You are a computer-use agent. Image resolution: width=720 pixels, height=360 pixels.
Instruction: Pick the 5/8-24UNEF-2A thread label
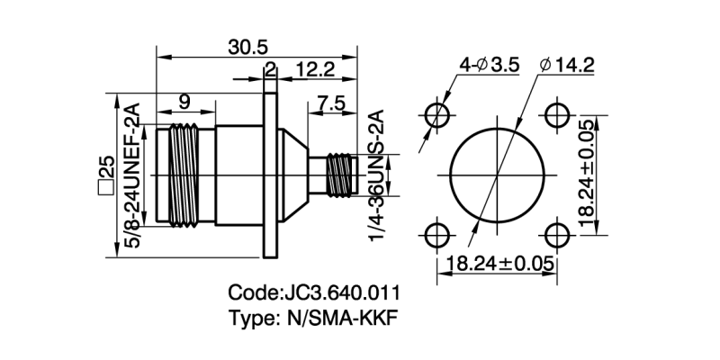pyautogui.click(x=131, y=178)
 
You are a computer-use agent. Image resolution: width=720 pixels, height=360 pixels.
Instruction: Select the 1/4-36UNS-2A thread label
pyautogui.click(x=376, y=174)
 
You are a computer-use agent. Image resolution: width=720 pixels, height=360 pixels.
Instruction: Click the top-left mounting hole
pyautogui.click(x=439, y=115)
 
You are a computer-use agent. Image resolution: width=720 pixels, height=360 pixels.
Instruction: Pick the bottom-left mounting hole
pyautogui.click(x=439, y=234)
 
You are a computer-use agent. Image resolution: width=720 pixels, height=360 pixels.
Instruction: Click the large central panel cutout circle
pyautogui.click(x=499, y=175)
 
